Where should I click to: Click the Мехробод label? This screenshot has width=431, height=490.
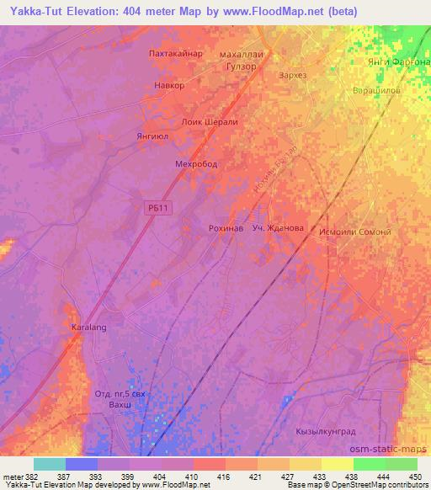pyautogui.click(x=195, y=164)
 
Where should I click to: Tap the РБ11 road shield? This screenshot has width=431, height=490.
pyautogui.click(x=157, y=207)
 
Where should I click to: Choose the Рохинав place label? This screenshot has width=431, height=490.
pyautogui.click(x=226, y=228)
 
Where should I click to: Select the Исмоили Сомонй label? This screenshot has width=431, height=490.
pyautogui.click(x=362, y=232)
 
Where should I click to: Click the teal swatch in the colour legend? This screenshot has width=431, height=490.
pyautogui.click(x=49, y=464)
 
